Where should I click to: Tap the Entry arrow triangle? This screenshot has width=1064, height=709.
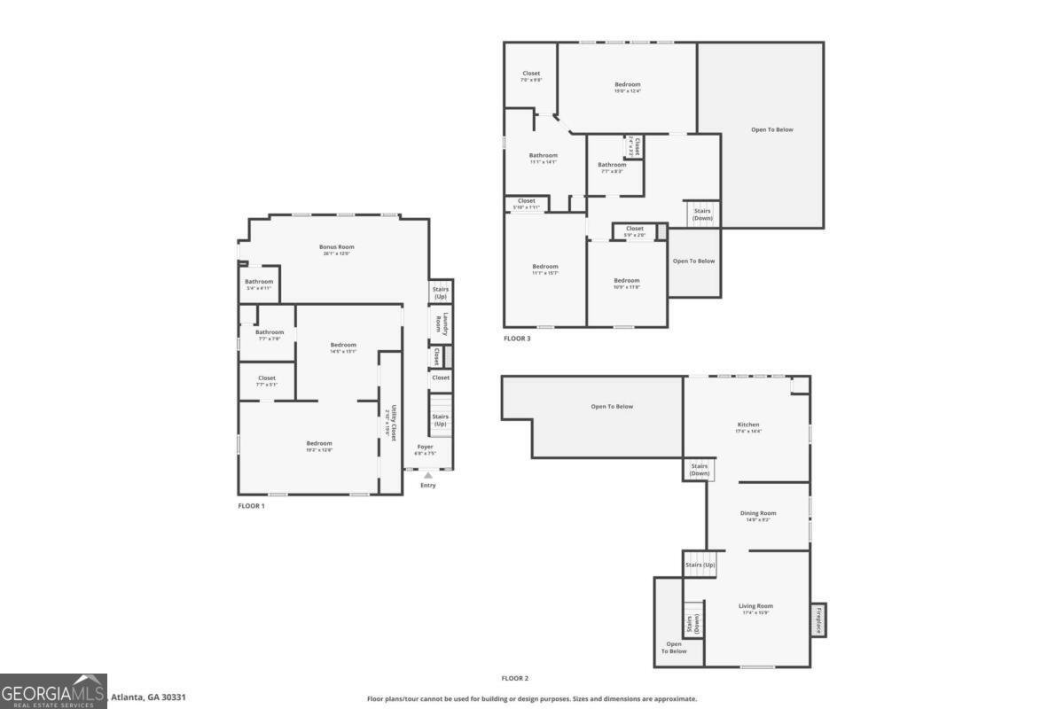coord(428,476)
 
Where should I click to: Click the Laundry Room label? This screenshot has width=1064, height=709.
coord(445,323)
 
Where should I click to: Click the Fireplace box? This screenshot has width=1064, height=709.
coord(818,619)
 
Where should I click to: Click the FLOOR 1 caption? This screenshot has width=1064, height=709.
coord(251,506)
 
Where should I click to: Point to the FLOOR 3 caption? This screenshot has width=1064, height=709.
coord(517,339)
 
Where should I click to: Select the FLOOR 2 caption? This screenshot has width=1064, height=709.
coord(514,678)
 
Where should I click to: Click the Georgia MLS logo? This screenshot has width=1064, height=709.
coord(53,690)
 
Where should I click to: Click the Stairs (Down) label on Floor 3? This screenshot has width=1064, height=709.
coord(702,214)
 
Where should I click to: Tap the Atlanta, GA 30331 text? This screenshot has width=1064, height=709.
coord(148,698)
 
